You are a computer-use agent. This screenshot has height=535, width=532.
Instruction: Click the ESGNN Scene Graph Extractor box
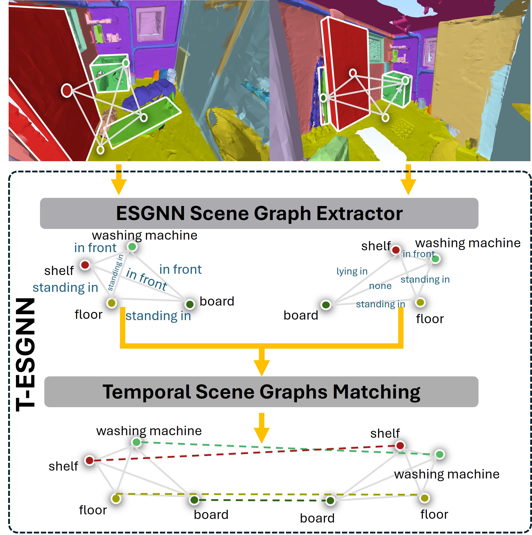coord(259,213)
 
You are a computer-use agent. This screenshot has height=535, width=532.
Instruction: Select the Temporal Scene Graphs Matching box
coord(261,392)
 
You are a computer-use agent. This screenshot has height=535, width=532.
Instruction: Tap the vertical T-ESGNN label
coord(25,354)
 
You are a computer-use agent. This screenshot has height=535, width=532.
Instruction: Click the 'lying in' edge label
coord(352,271)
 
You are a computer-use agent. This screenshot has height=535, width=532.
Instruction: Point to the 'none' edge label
coord(380,286)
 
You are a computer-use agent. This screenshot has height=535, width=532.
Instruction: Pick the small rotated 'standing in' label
coord(115,273)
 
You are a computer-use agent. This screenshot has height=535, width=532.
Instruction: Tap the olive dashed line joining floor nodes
coord(266,494)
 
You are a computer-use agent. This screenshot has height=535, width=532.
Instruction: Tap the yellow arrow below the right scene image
coord(408,180)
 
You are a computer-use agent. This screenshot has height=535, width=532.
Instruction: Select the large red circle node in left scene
coord(67,90)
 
